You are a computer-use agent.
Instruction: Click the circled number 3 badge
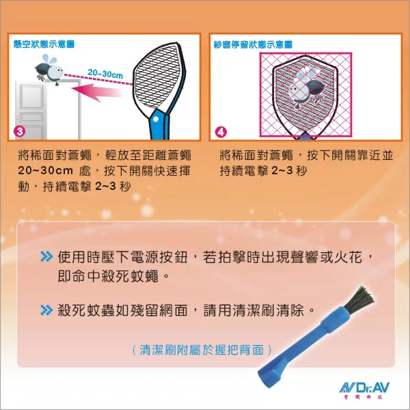coord(20,131)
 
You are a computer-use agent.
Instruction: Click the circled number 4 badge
coord(221,132)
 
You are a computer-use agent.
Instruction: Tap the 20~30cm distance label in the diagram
coord(105,74)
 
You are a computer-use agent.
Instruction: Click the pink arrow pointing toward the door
coord(97,92)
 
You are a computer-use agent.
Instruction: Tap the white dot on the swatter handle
coord(156,120)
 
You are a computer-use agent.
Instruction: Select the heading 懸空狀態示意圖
coord(44,44)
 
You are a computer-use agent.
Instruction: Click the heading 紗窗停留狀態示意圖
coord(253,44)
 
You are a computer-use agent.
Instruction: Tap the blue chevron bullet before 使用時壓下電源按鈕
coord(46,256)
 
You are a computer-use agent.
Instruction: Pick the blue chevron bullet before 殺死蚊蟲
coord(46,310)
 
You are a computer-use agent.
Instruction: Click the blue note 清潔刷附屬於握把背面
coord(202,350)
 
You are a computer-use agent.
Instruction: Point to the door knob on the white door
coord(18,119)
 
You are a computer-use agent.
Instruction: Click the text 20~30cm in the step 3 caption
coord(45,171)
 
